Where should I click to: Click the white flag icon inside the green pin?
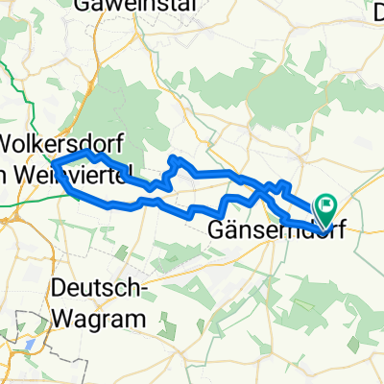[x=325, y=203]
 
